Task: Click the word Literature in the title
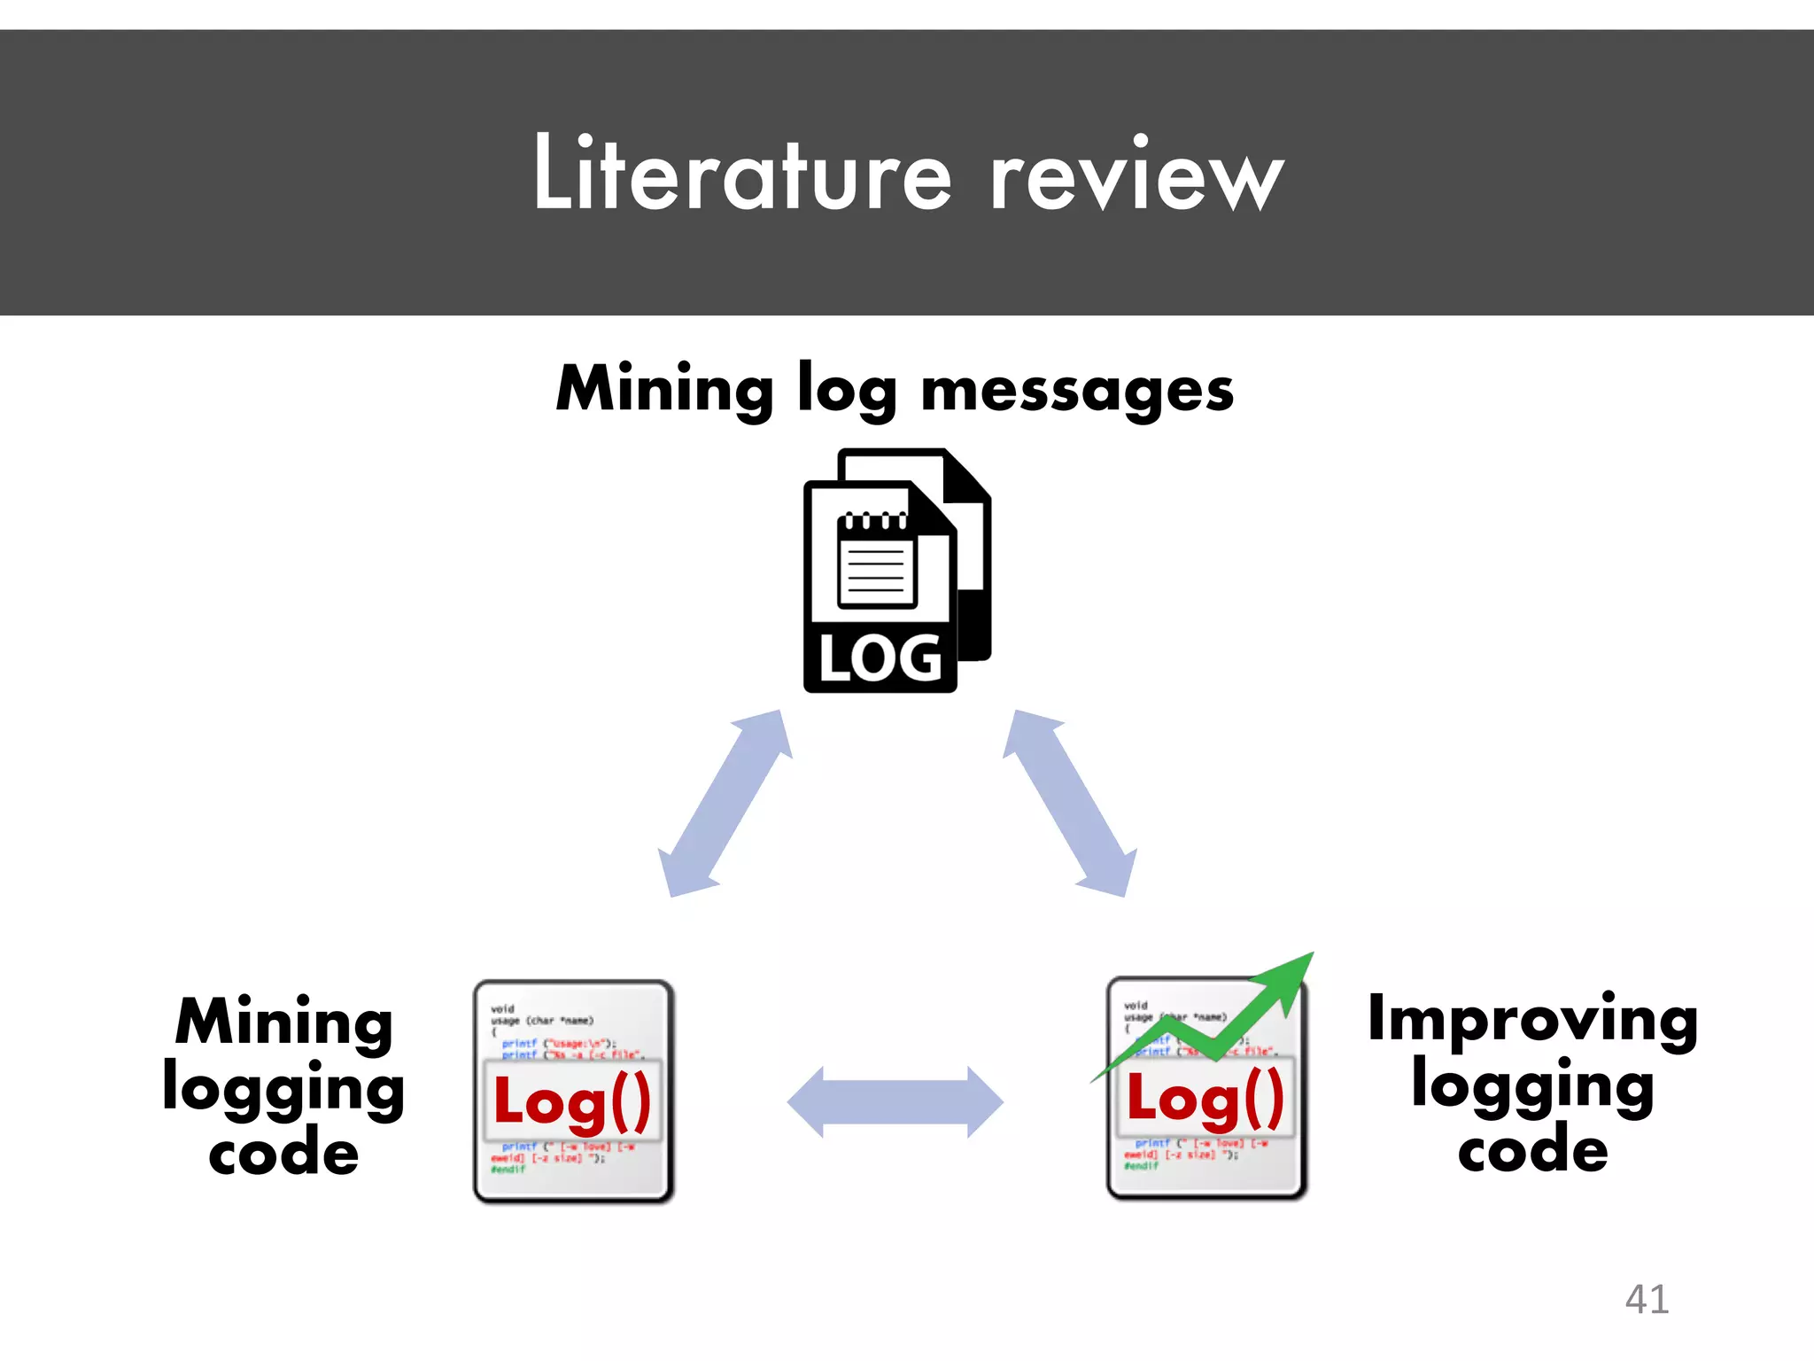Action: click(x=742, y=174)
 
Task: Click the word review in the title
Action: click(x=1136, y=177)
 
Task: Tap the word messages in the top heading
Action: click(x=1076, y=390)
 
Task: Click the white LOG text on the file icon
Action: click(x=880, y=659)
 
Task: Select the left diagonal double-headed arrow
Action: click(x=725, y=803)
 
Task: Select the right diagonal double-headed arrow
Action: click(x=1070, y=803)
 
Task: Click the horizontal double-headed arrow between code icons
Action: click(x=895, y=1102)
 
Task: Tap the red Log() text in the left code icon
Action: click(x=572, y=1102)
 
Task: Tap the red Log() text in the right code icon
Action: click(x=1205, y=1099)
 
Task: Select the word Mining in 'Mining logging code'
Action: click(x=284, y=1023)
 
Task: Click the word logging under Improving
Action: click(x=1532, y=1086)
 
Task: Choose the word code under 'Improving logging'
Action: click(x=1532, y=1150)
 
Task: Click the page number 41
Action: click(x=1647, y=1300)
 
